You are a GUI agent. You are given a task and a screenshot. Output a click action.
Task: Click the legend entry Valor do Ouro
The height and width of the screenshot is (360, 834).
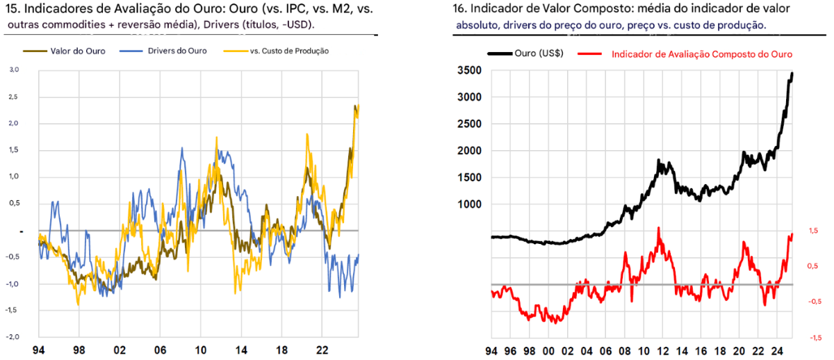tap(78, 51)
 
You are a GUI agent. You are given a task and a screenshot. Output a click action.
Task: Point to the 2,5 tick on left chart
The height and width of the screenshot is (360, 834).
tap(14, 97)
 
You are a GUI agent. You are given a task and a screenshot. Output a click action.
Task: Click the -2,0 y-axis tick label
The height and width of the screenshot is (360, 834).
tap(13, 336)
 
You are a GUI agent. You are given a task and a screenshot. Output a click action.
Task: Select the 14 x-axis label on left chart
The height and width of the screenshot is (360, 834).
tap(240, 349)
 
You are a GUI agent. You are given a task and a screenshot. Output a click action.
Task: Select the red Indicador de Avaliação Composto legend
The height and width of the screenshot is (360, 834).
tap(701, 54)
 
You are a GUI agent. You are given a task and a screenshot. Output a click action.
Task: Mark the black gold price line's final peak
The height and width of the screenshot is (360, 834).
tap(792, 74)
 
